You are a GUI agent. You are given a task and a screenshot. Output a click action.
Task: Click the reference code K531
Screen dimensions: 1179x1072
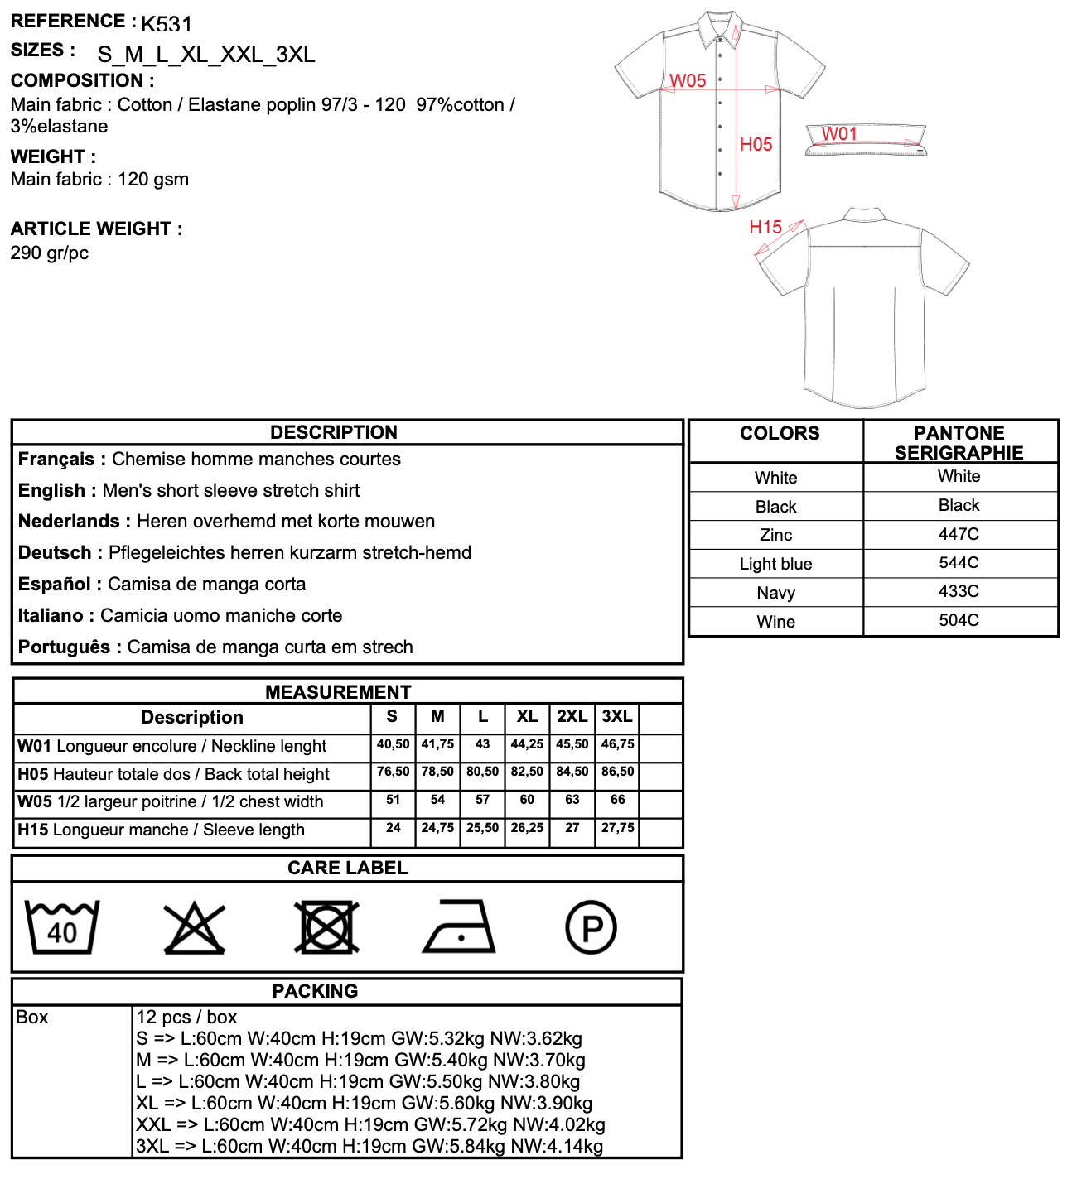[x=167, y=23]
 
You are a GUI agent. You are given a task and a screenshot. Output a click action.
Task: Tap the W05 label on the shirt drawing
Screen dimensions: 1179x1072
[x=688, y=80]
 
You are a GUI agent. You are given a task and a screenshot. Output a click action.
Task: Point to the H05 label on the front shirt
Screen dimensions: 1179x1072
[x=756, y=144]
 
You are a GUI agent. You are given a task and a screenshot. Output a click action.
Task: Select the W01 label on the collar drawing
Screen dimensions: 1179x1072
[x=839, y=133]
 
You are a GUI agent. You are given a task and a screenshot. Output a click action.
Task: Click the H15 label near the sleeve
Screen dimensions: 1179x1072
[x=765, y=227]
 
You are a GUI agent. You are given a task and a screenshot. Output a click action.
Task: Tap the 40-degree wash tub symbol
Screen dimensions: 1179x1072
[x=62, y=927]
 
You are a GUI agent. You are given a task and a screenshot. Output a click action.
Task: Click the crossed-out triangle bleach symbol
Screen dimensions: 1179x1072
[x=195, y=928]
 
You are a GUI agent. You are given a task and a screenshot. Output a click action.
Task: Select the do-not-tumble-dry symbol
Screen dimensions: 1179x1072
[x=326, y=927]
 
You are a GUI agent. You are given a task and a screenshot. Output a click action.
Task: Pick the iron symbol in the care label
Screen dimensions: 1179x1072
[x=459, y=927]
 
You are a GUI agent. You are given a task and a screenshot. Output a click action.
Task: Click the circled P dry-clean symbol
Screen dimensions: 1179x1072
[x=591, y=928]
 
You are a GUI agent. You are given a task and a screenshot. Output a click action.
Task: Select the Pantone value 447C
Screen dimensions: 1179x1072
[x=959, y=534]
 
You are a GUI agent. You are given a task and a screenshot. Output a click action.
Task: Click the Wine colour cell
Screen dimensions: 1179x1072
[x=775, y=622]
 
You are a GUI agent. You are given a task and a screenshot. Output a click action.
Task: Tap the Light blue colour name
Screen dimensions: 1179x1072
[x=775, y=564]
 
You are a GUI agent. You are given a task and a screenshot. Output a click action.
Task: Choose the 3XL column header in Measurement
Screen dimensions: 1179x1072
[x=617, y=717]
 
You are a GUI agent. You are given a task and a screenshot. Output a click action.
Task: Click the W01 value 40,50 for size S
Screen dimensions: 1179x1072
[x=393, y=744]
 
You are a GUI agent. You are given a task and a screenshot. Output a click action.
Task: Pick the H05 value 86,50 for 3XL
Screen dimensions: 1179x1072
[x=617, y=772]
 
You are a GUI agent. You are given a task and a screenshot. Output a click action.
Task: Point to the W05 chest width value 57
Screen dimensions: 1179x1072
[x=483, y=800]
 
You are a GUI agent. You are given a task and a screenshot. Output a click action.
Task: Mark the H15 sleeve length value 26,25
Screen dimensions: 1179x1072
[x=527, y=828]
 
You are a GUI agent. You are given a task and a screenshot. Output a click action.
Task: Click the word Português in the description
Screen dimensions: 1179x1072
[x=64, y=647]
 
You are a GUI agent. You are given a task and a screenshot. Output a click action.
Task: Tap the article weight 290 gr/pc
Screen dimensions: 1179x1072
[x=50, y=253]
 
